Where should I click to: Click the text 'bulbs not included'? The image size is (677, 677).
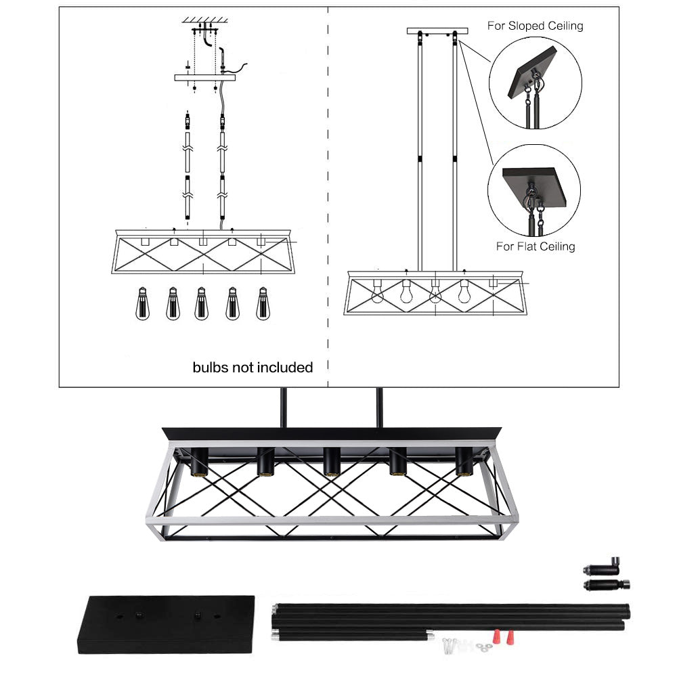[x=253, y=368]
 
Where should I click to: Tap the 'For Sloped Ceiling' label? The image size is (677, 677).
[x=535, y=26]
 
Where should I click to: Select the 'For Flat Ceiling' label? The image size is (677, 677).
[x=535, y=246]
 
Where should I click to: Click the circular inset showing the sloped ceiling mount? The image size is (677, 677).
[x=535, y=83]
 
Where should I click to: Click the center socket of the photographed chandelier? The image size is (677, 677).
[x=331, y=462]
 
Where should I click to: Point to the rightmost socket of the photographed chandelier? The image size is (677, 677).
[x=464, y=462]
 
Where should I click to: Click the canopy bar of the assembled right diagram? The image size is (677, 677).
[x=437, y=31]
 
